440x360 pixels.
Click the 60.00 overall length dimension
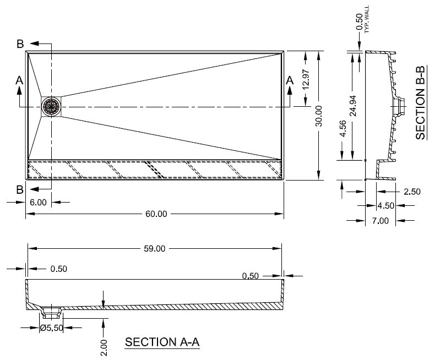tap(156, 214)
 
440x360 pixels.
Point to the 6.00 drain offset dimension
tap(39, 203)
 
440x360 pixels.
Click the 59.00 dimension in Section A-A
tap(155, 249)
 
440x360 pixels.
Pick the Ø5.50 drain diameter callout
tap(53, 328)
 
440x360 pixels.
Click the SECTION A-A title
tap(162, 342)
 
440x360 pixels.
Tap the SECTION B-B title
tap(421, 102)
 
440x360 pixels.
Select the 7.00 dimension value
tap(380, 221)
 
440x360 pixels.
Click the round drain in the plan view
tap(52, 106)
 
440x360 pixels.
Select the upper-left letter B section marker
tap(20, 44)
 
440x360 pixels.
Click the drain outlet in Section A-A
tap(52, 312)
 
